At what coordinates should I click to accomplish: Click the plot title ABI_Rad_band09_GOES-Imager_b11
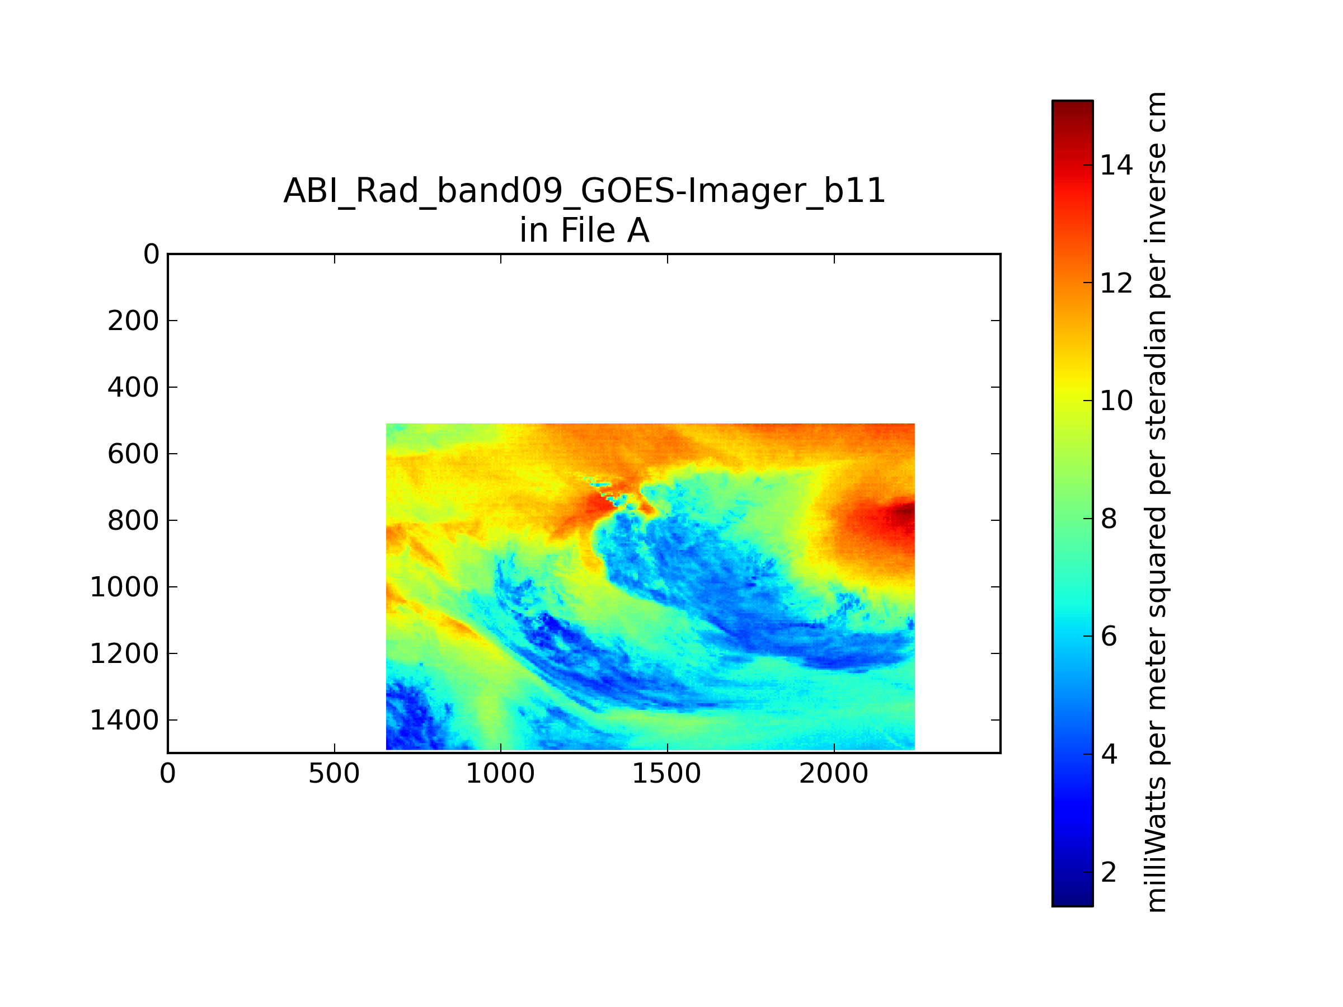[584, 191]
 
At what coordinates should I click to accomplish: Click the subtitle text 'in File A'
[584, 230]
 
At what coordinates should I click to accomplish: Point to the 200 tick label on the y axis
[133, 321]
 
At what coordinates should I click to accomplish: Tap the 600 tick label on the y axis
[133, 453]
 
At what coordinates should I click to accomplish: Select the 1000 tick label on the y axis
[124, 587]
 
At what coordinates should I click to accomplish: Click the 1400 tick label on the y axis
[124, 720]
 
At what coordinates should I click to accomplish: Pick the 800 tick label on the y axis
[133, 520]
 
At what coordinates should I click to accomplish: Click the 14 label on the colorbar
[1116, 165]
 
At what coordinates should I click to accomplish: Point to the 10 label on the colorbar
[1116, 401]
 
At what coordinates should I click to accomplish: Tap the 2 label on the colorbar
[1109, 872]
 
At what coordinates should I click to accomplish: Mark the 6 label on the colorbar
[1109, 636]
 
